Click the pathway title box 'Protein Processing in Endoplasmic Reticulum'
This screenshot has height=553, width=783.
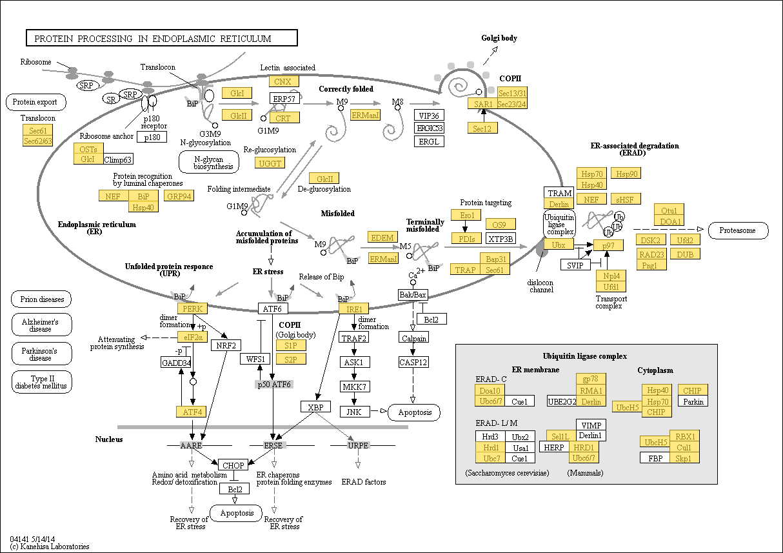tap(162, 38)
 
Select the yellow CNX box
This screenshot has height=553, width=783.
tap(284, 81)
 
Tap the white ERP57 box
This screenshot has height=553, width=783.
tap(284, 98)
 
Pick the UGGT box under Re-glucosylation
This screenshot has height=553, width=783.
tap(270, 163)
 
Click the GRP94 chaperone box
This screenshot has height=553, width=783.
tap(179, 196)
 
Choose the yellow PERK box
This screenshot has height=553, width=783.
tap(192, 308)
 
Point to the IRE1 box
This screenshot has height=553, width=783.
tap(353, 309)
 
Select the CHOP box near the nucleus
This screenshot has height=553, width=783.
tap(233, 465)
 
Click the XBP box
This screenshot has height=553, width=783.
tap(315, 407)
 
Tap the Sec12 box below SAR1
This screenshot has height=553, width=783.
tap(482, 128)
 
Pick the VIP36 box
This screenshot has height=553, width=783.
tap(430, 116)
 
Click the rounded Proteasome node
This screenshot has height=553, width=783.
tap(738, 230)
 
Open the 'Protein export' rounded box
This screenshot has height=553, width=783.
tap(36, 102)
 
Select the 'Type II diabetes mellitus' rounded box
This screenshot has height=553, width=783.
tap(41, 382)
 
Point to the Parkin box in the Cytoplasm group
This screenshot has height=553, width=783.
tap(693, 401)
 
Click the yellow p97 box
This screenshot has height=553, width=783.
tap(608, 245)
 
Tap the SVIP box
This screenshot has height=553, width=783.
tap(575, 265)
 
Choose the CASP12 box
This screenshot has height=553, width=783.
tap(413, 362)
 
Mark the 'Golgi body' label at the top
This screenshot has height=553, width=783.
tap(499, 38)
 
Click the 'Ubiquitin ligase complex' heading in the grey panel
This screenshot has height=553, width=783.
tap(585, 356)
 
